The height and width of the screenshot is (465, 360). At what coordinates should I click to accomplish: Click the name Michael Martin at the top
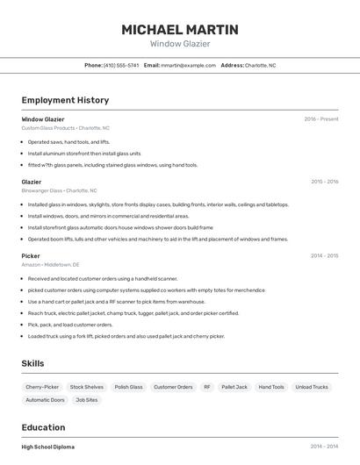point(180,30)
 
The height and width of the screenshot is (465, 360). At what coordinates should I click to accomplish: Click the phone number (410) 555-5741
point(121,65)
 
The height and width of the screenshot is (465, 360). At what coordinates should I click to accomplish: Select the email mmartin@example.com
point(188,65)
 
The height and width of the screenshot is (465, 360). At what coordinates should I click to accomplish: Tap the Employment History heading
point(65,100)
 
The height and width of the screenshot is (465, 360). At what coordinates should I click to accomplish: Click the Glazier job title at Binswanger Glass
point(32,182)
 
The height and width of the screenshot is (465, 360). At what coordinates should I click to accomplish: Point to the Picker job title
point(31,256)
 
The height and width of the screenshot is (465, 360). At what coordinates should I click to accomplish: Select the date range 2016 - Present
point(320,119)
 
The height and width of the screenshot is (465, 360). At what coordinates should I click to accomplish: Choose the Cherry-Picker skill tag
point(42,387)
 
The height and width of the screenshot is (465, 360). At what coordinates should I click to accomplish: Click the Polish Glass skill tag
point(128,387)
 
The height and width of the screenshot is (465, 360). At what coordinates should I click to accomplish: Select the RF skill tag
point(207,387)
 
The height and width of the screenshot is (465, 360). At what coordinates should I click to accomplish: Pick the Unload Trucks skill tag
point(312,387)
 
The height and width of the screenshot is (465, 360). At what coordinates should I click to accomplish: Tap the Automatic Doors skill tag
point(45,400)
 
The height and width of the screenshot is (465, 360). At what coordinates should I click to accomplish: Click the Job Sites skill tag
point(87,400)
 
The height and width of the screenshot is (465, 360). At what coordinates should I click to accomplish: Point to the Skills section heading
point(32,363)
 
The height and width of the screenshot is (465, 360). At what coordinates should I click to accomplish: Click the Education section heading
point(43,427)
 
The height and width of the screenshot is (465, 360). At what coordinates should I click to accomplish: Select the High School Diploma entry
point(48,447)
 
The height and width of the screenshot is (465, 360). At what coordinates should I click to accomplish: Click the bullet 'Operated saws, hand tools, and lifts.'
point(68,141)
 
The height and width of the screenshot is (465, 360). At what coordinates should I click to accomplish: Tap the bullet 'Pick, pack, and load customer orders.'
point(70,324)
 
